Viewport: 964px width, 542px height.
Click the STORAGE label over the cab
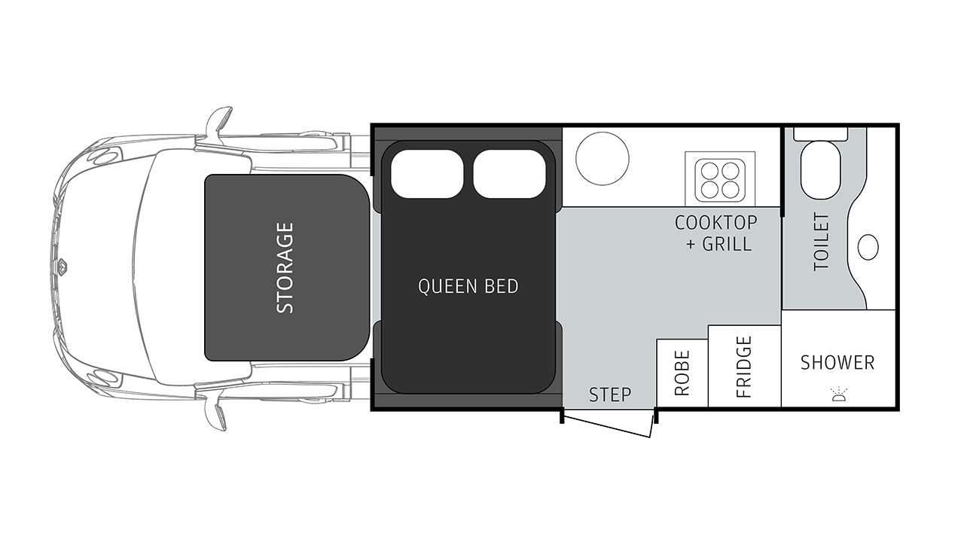tap(285, 267)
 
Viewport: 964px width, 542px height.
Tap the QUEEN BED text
tap(468, 287)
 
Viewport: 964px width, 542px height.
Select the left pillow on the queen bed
tap(427, 174)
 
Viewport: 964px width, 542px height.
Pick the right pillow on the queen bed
tap(510, 174)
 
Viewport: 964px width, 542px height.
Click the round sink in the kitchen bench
tap(602, 158)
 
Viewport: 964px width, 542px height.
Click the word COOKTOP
tap(715, 223)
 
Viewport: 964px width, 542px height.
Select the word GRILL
tap(727, 245)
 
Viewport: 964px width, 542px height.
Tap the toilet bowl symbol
tap(820, 170)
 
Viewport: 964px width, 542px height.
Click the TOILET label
tap(822, 242)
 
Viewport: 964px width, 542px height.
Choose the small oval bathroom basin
tap(868, 248)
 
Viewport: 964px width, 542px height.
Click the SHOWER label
tap(837, 363)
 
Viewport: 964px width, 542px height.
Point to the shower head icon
tap(839, 394)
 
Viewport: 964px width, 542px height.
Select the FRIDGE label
tap(744, 367)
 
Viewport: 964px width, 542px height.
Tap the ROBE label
tap(682, 373)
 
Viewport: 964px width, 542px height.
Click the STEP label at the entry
tap(610, 394)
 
